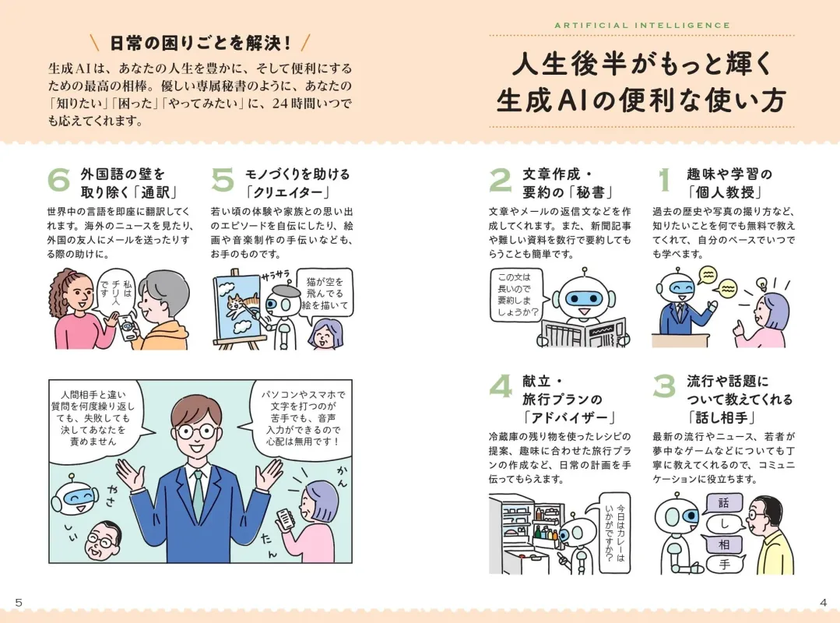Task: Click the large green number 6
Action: [x=58, y=181]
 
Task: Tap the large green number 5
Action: [x=223, y=181]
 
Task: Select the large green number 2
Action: [x=500, y=181]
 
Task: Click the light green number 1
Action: [x=664, y=181]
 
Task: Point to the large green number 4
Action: [x=500, y=388]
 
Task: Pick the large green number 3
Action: [x=664, y=388]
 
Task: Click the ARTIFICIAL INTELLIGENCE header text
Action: [x=642, y=25]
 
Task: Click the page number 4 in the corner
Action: [x=823, y=602]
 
